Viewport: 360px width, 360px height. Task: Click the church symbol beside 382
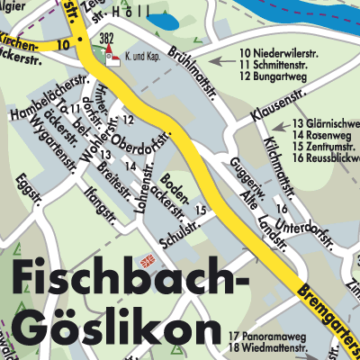click(112, 58)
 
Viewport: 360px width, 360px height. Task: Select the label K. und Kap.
click(146, 56)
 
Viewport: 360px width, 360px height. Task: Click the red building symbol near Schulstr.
click(150, 262)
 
